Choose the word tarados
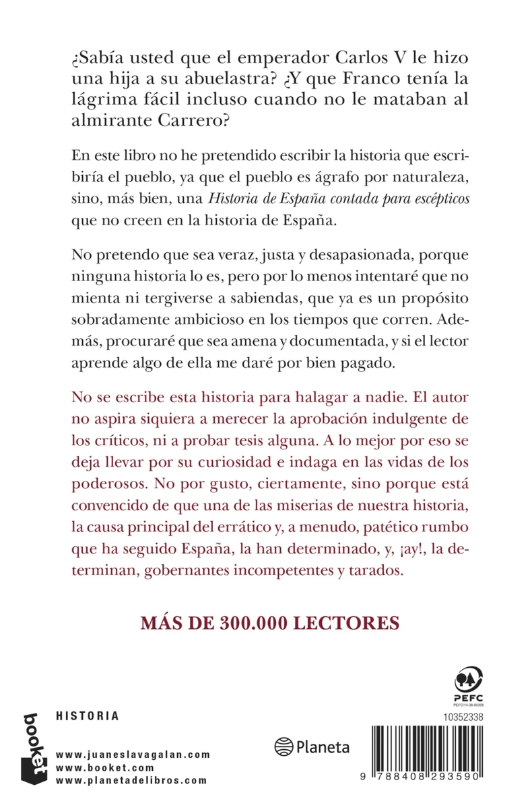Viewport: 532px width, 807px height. pyautogui.click(x=374, y=570)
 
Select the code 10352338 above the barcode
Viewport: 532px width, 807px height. pyautogui.click(x=463, y=718)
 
